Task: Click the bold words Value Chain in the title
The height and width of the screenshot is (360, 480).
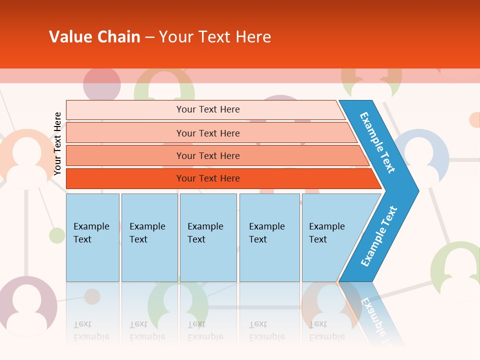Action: pos(94,37)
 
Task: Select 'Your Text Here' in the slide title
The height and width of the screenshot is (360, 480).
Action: pos(215,37)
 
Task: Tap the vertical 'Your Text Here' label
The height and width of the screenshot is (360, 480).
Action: pos(57,143)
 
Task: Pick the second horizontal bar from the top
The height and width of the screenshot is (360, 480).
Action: pos(208,133)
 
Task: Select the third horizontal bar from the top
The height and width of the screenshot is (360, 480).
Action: pos(208,155)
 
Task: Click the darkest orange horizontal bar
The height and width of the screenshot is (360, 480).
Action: pos(208,178)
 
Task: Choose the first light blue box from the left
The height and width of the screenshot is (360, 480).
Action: pos(92,237)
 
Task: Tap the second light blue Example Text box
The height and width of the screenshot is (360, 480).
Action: pos(149,237)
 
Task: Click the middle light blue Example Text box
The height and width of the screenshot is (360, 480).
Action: pos(208,237)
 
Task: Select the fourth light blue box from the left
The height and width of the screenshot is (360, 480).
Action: pos(269,237)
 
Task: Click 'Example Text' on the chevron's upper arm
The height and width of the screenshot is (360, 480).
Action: pos(377,142)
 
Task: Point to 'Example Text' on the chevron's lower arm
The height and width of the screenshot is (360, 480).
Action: pos(379,236)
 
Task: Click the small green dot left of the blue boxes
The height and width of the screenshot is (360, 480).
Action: pos(57,235)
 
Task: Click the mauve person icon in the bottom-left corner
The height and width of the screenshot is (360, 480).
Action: pos(27,305)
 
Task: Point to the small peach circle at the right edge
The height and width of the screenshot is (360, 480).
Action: pos(474,120)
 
